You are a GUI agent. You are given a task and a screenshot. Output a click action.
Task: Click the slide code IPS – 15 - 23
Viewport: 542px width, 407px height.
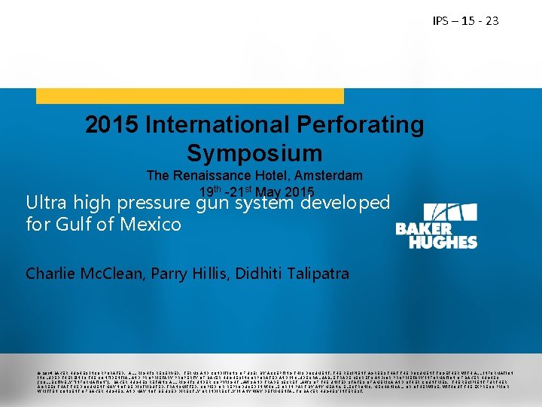tap(465, 21)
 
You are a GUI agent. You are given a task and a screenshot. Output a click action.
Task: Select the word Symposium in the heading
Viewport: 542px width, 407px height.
tap(254, 153)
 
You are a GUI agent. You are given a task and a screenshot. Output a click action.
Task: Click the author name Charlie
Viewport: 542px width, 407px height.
tap(49, 274)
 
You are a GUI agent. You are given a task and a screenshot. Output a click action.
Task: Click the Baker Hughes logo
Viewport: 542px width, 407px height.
tap(436, 225)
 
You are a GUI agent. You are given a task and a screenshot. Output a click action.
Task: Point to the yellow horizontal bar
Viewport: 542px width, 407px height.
tap(190, 96)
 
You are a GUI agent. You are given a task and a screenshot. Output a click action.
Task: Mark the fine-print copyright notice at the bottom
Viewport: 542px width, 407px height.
tap(271, 380)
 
